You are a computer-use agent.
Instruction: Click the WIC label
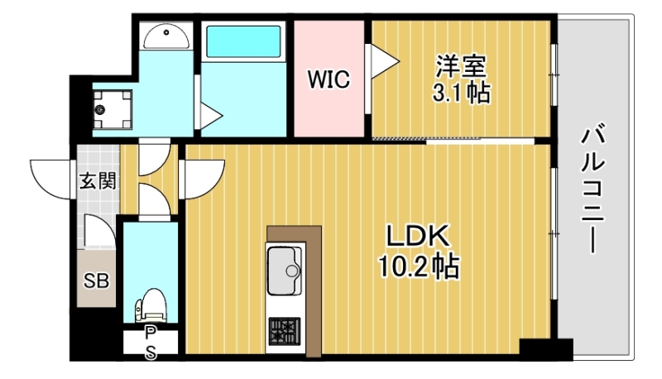pyautogui.click(x=329, y=79)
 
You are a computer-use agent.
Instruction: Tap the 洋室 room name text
pyautogui.click(x=461, y=64)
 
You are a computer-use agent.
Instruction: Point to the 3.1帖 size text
pyautogui.click(x=461, y=92)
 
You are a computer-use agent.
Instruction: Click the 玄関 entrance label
pyautogui.click(x=97, y=181)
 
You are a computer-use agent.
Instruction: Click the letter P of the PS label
pyautogui.click(x=150, y=332)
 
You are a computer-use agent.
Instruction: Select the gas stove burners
pyautogui.click(x=285, y=333)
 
